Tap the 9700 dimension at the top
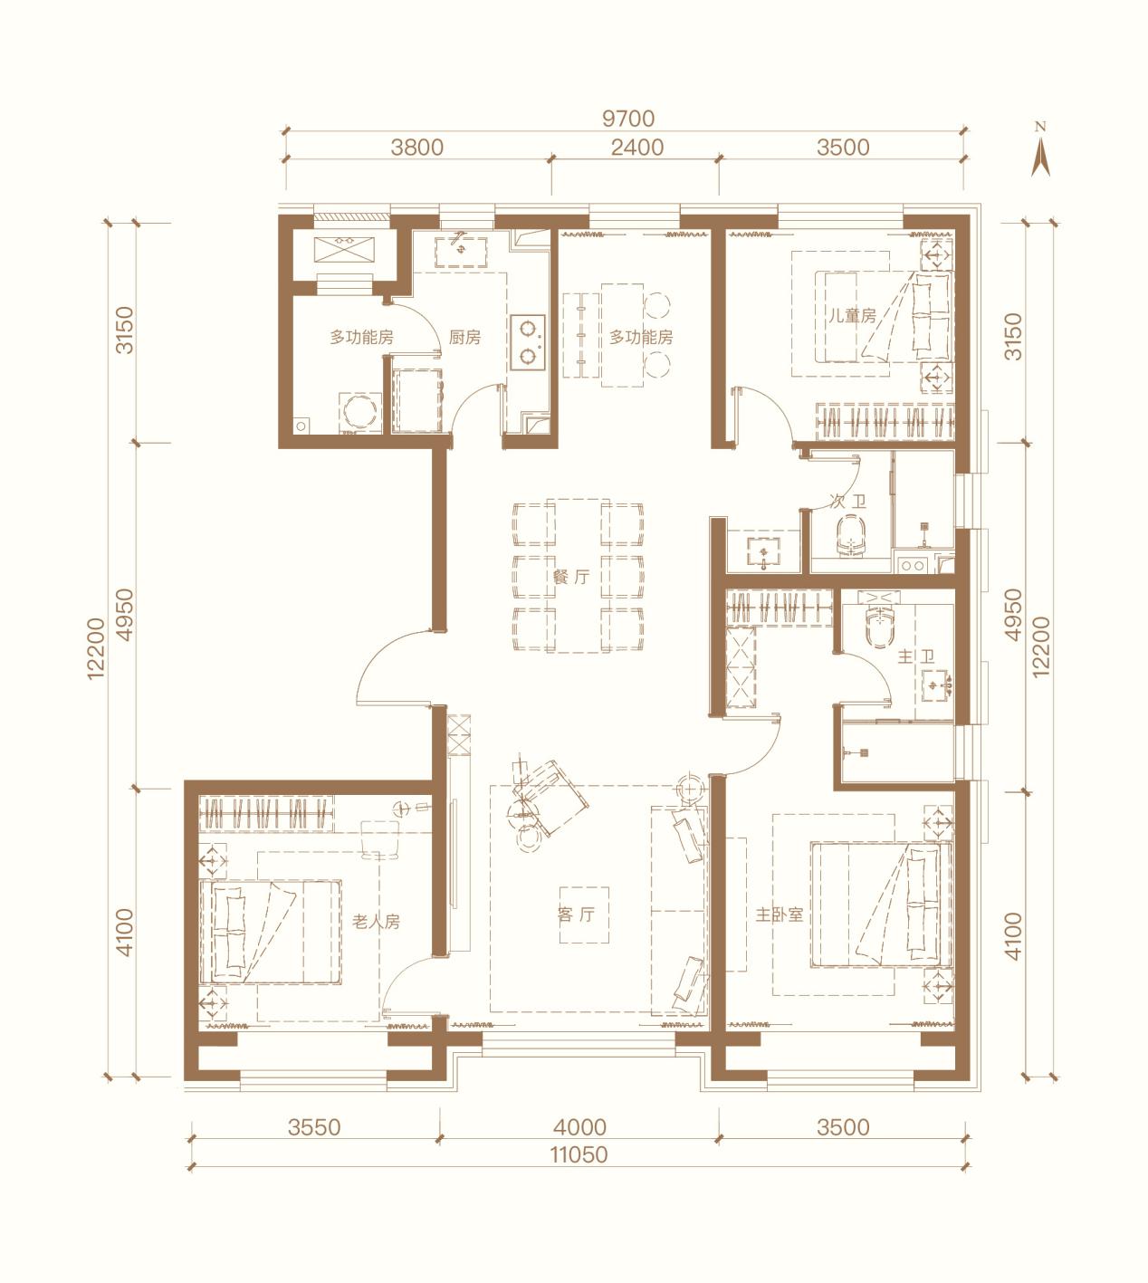(627, 119)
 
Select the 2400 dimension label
(637, 148)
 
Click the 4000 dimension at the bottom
(579, 1126)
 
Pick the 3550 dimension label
(314, 1126)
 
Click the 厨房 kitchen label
(464, 337)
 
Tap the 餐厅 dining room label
(571, 576)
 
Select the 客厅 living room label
(576, 914)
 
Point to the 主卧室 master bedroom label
(780, 914)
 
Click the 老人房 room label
(376, 922)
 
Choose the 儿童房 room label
(852, 315)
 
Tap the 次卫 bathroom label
(847, 503)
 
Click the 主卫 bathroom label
(916, 656)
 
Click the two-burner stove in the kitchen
(528, 342)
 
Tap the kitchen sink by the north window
(461, 252)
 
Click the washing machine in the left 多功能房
(359, 412)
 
